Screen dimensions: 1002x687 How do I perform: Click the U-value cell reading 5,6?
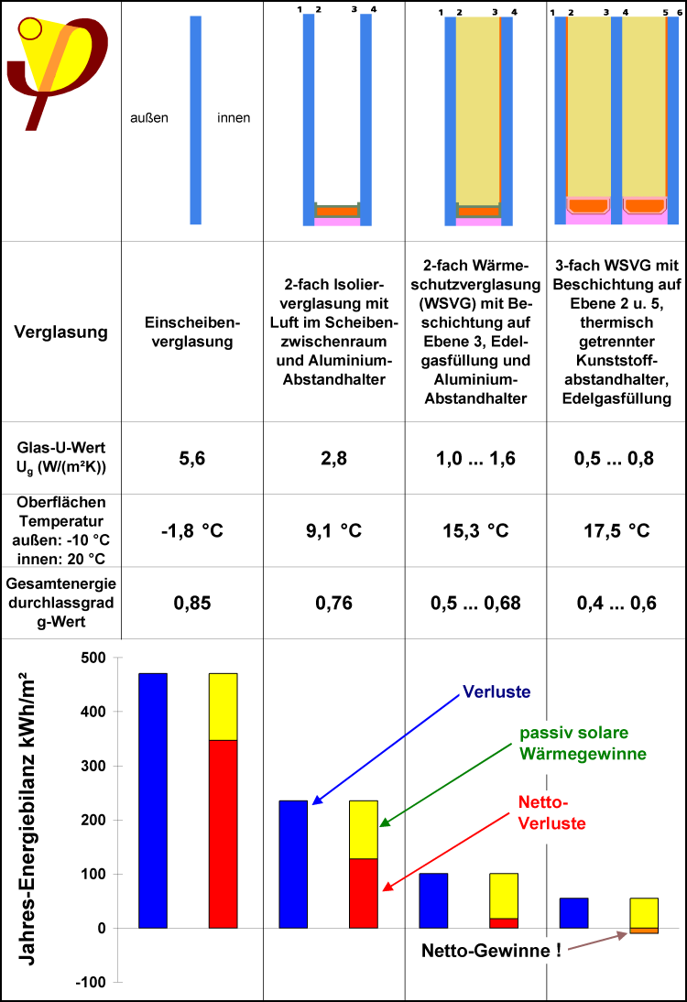[191, 459]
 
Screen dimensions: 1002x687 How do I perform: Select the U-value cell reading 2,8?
[333, 459]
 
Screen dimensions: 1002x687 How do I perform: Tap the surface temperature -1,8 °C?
[191, 530]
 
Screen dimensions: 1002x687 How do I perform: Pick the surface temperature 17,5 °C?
[616, 530]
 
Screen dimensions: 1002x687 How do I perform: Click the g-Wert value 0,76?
[333, 603]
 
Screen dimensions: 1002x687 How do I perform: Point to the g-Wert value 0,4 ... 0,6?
[616, 603]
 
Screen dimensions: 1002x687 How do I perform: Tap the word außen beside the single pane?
[149, 118]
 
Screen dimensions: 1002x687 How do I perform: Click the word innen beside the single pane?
[234, 118]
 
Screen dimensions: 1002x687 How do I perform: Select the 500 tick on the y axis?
[94, 658]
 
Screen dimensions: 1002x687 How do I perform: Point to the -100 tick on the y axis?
[91, 982]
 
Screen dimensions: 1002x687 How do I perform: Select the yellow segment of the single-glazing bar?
[224, 706]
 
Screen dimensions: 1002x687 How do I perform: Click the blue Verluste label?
[496, 692]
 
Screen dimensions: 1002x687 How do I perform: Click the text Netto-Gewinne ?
[491, 950]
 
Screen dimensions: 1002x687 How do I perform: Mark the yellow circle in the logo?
[30, 28]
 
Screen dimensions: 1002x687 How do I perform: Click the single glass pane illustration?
[195, 120]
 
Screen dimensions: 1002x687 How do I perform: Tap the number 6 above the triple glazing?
[676, 12]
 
